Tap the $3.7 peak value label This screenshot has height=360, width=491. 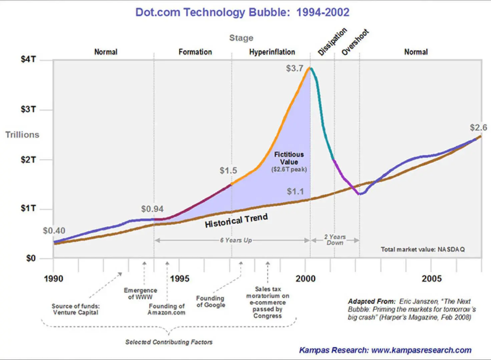click(x=295, y=68)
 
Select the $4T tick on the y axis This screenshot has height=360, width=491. click(x=28, y=59)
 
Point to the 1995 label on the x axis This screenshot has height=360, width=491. click(x=179, y=279)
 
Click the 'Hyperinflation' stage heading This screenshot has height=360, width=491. click(x=272, y=52)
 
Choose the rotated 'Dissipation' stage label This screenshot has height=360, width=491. click(x=332, y=42)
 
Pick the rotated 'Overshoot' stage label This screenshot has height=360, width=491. click(x=355, y=42)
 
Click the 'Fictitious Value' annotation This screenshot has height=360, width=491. click(x=289, y=158)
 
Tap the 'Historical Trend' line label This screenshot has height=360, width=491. click(x=236, y=221)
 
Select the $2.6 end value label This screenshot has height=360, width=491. click(x=478, y=128)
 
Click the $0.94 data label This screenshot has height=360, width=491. click(x=152, y=209)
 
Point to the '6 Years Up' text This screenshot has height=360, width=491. click(x=236, y=240)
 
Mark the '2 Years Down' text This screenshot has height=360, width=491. click(x=335, y=240)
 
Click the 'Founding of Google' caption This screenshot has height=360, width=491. click(x=210, y=302)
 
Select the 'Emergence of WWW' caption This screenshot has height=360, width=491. click(x=140, y=294)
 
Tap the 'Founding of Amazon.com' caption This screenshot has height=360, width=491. click(x=166, y=309)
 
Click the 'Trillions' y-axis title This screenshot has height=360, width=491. click(x=22, y=135)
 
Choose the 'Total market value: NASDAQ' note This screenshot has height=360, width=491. click(x=423, y=249)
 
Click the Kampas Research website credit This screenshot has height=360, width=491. click(x=385, y=350)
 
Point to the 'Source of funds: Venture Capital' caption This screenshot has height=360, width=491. click(x=76, y=309)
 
